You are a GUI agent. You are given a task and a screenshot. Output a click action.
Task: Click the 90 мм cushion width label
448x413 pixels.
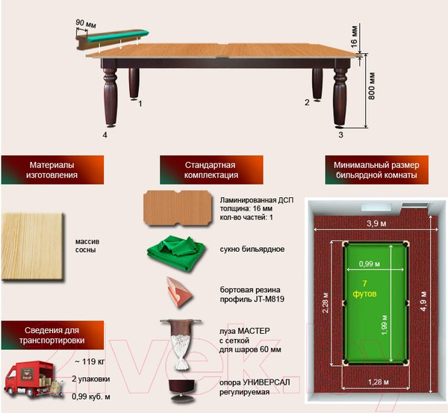[x=86, y=24]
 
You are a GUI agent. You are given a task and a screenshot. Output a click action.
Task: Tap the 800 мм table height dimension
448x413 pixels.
[x=371, y=86]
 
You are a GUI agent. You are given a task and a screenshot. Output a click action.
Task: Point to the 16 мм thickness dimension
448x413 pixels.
[x=354, y=37]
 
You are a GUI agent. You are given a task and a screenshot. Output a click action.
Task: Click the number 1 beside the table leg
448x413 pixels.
[x=140, y=104]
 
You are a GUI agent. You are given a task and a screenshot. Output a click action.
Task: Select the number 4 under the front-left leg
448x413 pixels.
[x=105, y=135]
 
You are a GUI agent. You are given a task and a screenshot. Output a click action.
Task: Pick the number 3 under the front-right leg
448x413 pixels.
[x=340, y=135]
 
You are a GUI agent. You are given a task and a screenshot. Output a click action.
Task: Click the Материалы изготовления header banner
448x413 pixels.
[x=52, y=170]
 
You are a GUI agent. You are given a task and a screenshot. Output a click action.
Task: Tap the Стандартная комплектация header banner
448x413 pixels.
[x=211, y=170]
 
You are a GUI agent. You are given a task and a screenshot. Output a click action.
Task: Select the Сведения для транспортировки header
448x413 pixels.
[x=52, y=335]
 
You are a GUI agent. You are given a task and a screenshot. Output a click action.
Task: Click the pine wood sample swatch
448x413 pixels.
[x=32, y=246]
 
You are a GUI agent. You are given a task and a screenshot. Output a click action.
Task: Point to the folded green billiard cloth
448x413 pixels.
[x=176, y=252]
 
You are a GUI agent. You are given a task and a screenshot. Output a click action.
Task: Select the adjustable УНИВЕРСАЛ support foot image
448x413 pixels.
[x=181, y=390]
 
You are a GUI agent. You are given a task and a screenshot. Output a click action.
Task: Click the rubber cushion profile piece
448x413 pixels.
[x=180, y=292]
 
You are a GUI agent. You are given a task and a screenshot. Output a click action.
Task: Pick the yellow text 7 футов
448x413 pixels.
[x=364, y=289]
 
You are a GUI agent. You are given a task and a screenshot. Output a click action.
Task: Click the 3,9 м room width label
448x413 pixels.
[x=376, y=223]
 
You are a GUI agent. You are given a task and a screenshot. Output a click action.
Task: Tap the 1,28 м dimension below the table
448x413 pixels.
[x=379, y=382]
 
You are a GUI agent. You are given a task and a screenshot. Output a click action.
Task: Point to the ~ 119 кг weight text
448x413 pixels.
[x=90, y=361]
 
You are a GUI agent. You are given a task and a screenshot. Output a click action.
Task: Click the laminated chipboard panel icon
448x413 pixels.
[x=178, y=208]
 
